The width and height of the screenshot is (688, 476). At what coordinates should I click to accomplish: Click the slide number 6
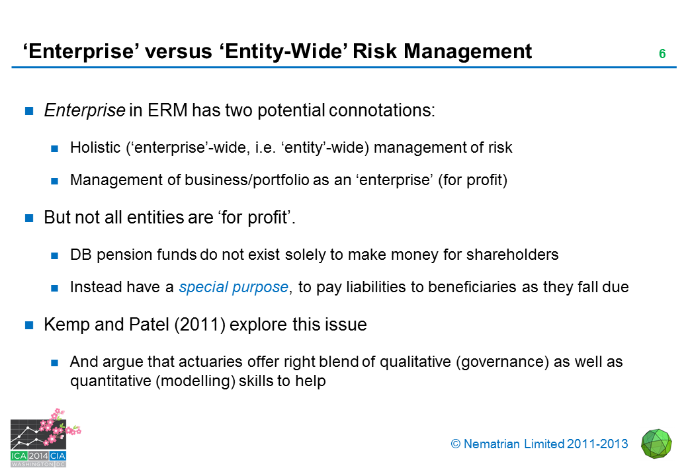(x=662, y=54)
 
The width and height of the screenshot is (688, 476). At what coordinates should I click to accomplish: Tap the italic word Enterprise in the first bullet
(x=85, y=110)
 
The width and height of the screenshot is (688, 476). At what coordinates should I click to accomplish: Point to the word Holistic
(x=95, y=147)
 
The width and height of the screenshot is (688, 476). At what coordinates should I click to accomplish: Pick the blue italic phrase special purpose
(x=234, y=287)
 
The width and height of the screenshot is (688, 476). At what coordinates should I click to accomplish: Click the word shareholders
(x=512, y=255)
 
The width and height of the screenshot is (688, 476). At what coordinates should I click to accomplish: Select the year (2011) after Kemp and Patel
(x=200, y=325)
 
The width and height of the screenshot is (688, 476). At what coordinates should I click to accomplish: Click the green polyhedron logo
(x=656, y=444)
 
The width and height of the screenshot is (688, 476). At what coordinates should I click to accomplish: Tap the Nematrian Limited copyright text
(x=539, y=444)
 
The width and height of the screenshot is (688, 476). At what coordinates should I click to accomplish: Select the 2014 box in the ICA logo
(x=38, y=456)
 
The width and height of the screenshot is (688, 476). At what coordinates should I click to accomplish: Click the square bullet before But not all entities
(x=29, y=218)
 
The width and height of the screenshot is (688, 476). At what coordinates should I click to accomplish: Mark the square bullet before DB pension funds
(x=55, y=256)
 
